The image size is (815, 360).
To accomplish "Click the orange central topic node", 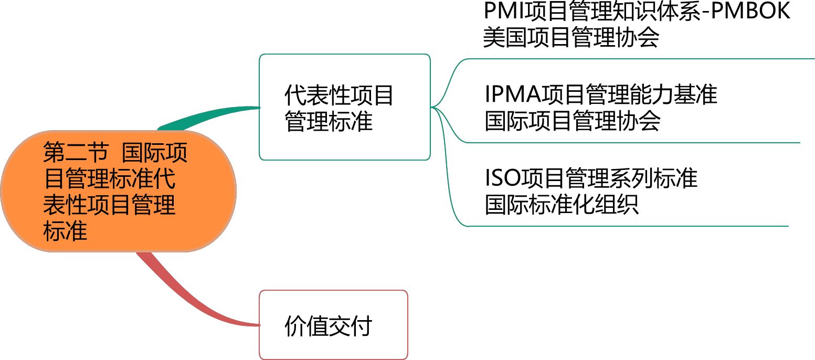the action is (119, 191).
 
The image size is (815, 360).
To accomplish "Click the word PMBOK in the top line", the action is (750, 10).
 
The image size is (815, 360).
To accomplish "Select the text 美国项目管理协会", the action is (571, 37).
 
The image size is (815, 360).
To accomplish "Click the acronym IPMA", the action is (513, 94).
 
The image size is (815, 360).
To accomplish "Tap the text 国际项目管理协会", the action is (573, 121).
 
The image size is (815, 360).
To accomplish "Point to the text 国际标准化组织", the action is (562, 204).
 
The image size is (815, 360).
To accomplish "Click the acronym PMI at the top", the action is (504, 10).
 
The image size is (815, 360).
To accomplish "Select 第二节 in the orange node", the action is (76, 152).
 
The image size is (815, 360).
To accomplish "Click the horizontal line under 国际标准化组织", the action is (628, 226).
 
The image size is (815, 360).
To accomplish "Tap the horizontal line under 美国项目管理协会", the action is (640, 59).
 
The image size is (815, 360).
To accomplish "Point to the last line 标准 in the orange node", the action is (65, 231).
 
